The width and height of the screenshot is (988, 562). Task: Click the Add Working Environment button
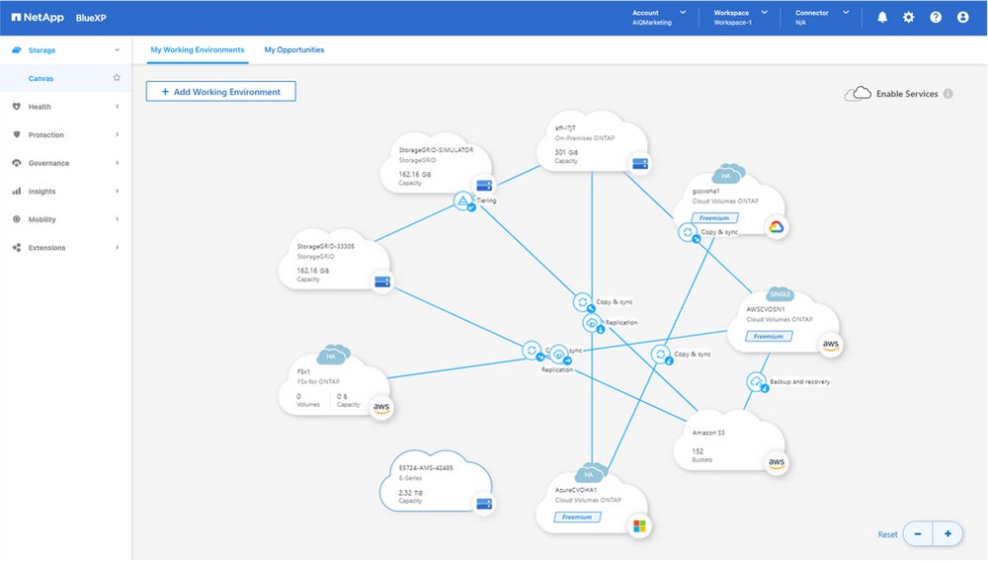[220, 92]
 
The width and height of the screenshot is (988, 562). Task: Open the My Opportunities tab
[294, 49]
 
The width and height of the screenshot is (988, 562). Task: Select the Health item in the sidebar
[40, 107]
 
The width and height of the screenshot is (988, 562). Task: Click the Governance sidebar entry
[48, 163]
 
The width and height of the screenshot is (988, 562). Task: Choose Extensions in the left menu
[46, 248]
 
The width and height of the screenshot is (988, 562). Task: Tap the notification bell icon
[882, 18]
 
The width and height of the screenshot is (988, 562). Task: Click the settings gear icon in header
[909, 18]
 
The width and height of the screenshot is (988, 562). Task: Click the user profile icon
[962, 18]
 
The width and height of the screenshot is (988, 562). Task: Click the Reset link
[888, 534]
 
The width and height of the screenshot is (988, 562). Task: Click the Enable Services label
[907, 94]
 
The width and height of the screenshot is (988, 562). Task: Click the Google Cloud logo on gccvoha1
[778, 227]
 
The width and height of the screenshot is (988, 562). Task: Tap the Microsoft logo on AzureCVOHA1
[639, 525]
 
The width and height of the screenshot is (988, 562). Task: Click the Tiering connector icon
[462, 201]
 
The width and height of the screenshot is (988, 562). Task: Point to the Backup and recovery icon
[756, 382]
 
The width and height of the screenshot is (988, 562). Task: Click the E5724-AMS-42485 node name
[427, 467]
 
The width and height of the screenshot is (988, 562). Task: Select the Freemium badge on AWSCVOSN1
[769, 337]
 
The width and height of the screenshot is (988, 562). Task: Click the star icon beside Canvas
[117, 77]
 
